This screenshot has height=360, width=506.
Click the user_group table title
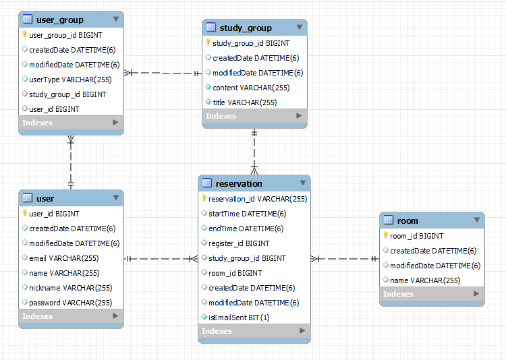click(60, 20)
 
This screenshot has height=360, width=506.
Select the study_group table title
click(245, 28)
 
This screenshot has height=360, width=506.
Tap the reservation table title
click(239, 183)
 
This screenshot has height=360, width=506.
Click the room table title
click(407, 220)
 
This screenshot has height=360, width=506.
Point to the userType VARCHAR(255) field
click(70, 80)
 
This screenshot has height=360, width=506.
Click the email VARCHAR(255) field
click(64, 258)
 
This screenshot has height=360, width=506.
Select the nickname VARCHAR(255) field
click(70, 288)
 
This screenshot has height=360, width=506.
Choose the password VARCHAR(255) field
click(70, 303)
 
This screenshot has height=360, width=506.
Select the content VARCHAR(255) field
click(251, 88)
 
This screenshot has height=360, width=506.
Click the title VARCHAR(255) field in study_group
click(244, 102)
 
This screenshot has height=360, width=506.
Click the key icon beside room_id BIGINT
click(385, 236)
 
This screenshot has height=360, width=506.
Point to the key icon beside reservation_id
click(204, 199)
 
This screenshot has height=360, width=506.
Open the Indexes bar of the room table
click(432, 294)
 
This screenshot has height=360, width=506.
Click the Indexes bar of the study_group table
click(254, 116)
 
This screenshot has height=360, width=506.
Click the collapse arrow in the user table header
click(116, 198)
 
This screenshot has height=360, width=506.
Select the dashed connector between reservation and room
click(345, 258)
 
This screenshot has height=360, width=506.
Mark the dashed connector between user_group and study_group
click(163, 72)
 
